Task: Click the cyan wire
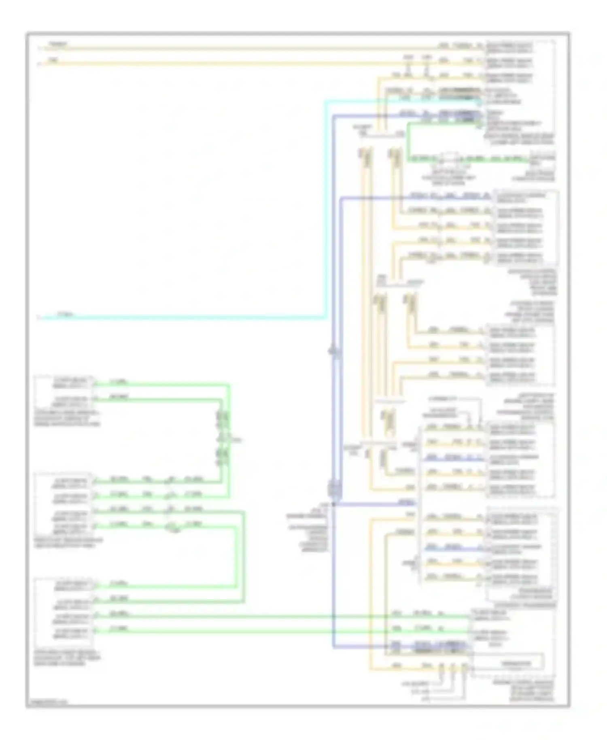[x=182, y=317]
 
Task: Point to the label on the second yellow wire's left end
[x=53, y=60]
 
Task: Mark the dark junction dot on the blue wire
[x=333, y=505]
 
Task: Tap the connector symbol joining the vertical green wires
[x=223, y=439]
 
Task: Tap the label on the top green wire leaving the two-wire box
[x=119, y=381]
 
